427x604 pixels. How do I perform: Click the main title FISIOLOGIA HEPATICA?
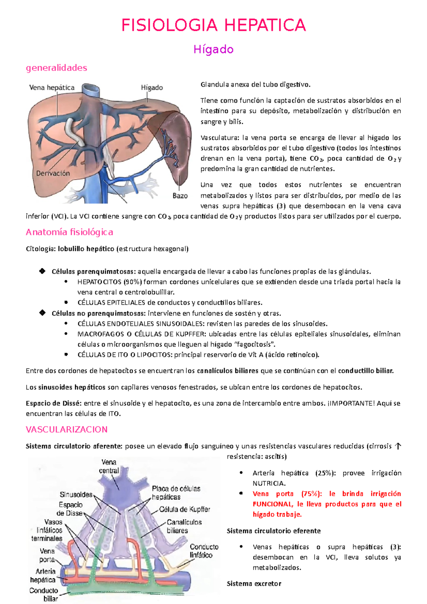213,25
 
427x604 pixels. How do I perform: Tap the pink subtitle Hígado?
213,49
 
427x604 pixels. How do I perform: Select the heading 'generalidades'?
57,68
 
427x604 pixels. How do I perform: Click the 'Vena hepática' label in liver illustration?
52,88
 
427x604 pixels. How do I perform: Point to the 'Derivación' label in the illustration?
53,173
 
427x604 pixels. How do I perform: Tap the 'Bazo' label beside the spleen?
180,195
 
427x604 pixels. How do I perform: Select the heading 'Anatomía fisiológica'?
69,232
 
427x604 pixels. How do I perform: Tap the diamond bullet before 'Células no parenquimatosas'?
42,313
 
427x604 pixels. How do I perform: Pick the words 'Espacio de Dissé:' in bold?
54,403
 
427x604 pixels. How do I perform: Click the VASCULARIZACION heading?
67,429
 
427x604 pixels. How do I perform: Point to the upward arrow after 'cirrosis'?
398,446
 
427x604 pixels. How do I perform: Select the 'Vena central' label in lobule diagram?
109,466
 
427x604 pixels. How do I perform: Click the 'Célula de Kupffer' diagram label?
185,509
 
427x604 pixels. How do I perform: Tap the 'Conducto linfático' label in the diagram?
204,551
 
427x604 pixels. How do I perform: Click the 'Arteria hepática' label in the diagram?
43,575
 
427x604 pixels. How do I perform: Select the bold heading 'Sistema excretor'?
254,583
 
